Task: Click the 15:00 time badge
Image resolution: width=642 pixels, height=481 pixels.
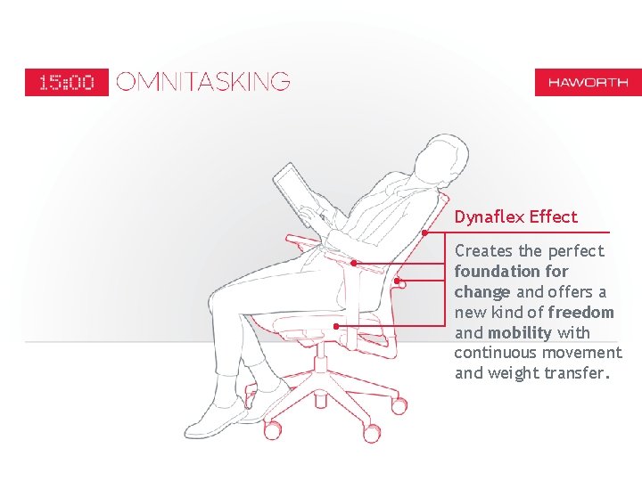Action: point(67,82)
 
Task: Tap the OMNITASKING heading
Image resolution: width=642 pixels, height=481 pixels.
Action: point(203,81)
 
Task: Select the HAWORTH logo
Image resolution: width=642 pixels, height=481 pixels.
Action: point(588,82)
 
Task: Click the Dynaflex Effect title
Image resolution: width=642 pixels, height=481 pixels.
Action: point(516,216)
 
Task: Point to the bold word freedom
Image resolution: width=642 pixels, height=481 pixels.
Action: point(580,312)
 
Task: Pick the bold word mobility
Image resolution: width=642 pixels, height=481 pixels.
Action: point(520,332)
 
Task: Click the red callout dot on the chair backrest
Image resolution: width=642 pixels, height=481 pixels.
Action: point(425,232)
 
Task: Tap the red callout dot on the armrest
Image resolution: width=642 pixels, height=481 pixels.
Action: point(354,264)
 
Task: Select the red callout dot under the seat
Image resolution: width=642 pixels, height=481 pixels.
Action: point(336,326)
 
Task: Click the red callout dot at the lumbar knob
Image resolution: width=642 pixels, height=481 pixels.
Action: point(397,281)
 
